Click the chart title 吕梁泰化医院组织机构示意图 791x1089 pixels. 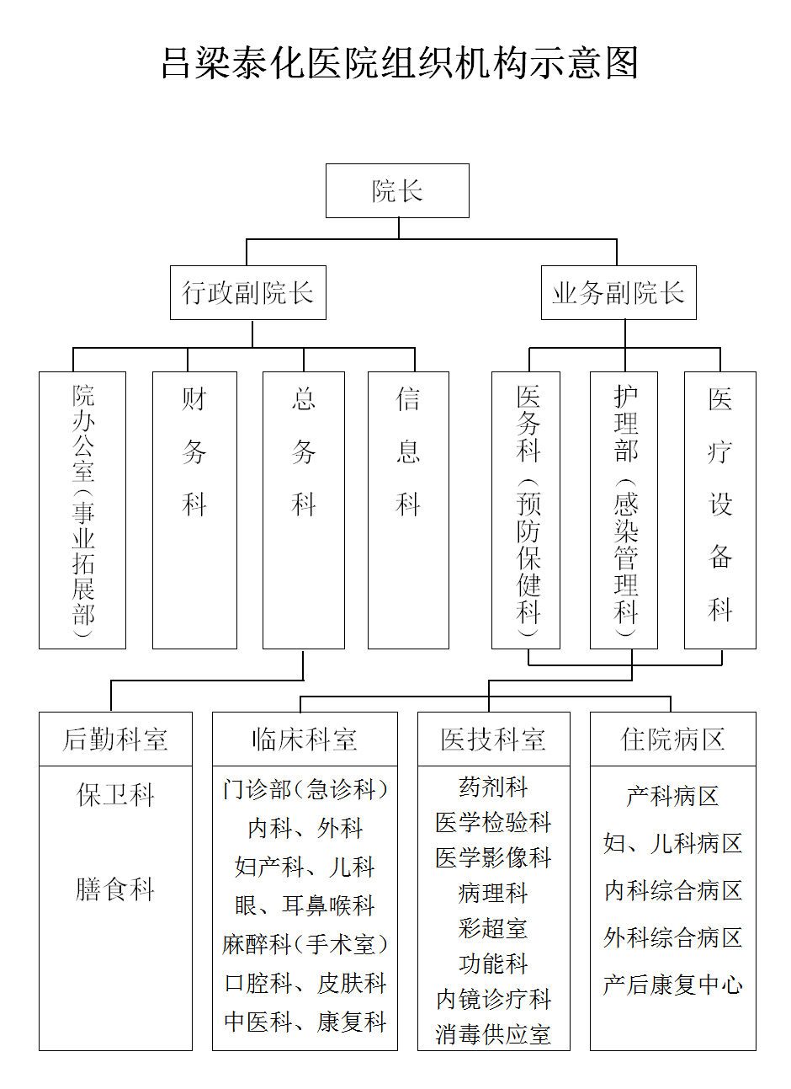[x=399, y=63]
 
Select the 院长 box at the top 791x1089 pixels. [x=397, y=190]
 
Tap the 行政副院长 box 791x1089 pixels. [x=247, y=292]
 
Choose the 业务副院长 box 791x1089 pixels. [x=618, y=292]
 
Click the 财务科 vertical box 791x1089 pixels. [x=195, y=510]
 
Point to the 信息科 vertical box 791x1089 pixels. [x=408, y=510]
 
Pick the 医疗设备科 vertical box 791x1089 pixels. [x=720, y=510]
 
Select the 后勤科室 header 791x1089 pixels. [x=115, y=739]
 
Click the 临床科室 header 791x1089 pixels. [x=305, y=739]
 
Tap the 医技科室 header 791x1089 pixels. [x=494, y=739]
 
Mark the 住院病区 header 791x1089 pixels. [x=673, y=739]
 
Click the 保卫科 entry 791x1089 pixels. [x=115, y=795]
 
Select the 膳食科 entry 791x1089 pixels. [x=115, y=889]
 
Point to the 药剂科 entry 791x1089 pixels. [x=493, y=787]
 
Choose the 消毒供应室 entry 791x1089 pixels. [x=493, y=1034]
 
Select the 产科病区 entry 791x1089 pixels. [x=673, y=797]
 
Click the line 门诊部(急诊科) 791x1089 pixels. [x=305, y=789]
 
